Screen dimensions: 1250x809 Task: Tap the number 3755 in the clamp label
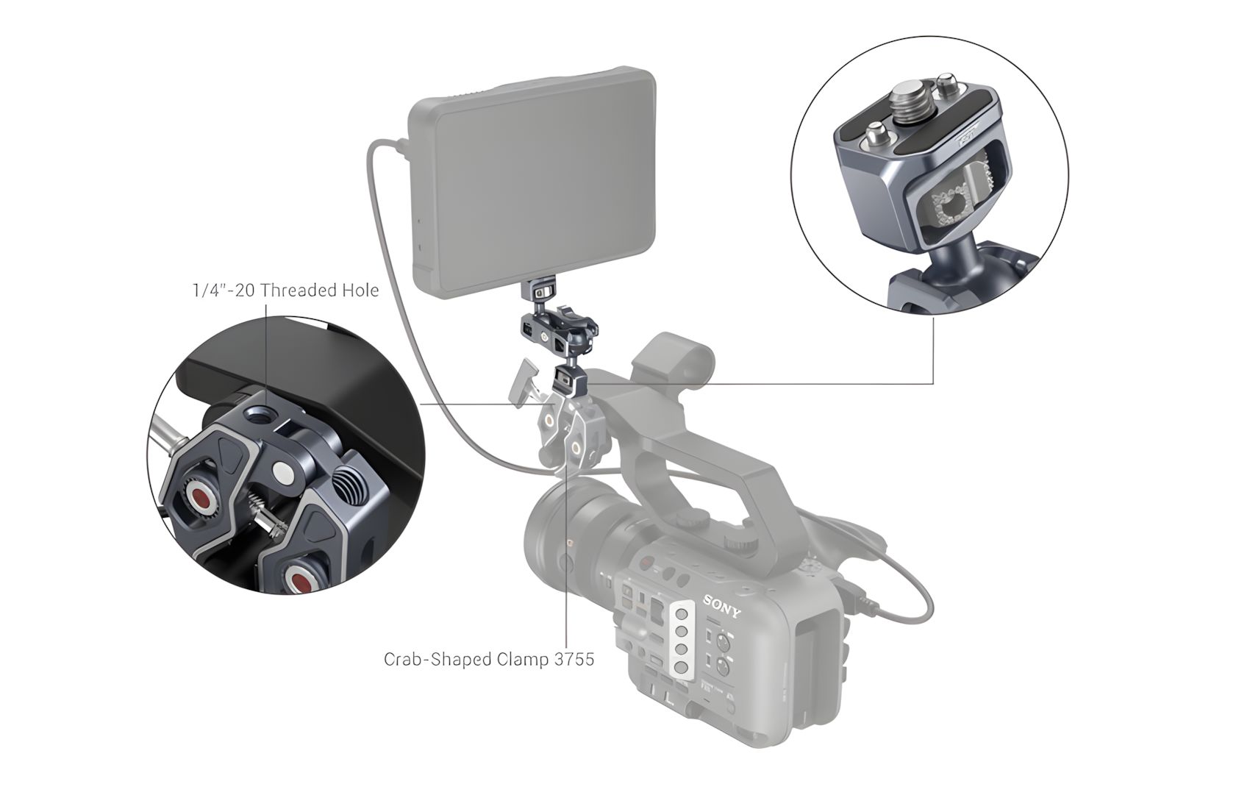(x=574, y=660)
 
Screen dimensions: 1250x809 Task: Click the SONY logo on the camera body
(x=722, y=607)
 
